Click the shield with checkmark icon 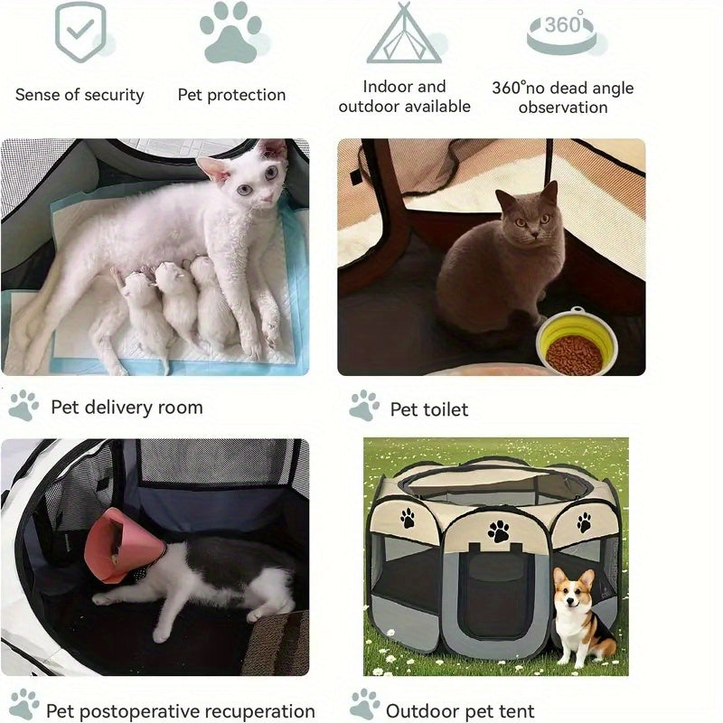pos(80,31)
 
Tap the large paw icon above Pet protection pos(230,33)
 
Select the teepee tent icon pos(404,33)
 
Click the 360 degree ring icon pos(561,34)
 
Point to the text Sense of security pos(80,95)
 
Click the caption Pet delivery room pos(127,408)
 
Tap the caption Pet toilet pos(428,409)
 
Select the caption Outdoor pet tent pos(460,711)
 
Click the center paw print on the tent pos(499,531)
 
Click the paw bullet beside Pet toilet pos(364,405)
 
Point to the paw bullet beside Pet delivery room pos(23,405)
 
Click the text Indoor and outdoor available pos(404,97)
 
